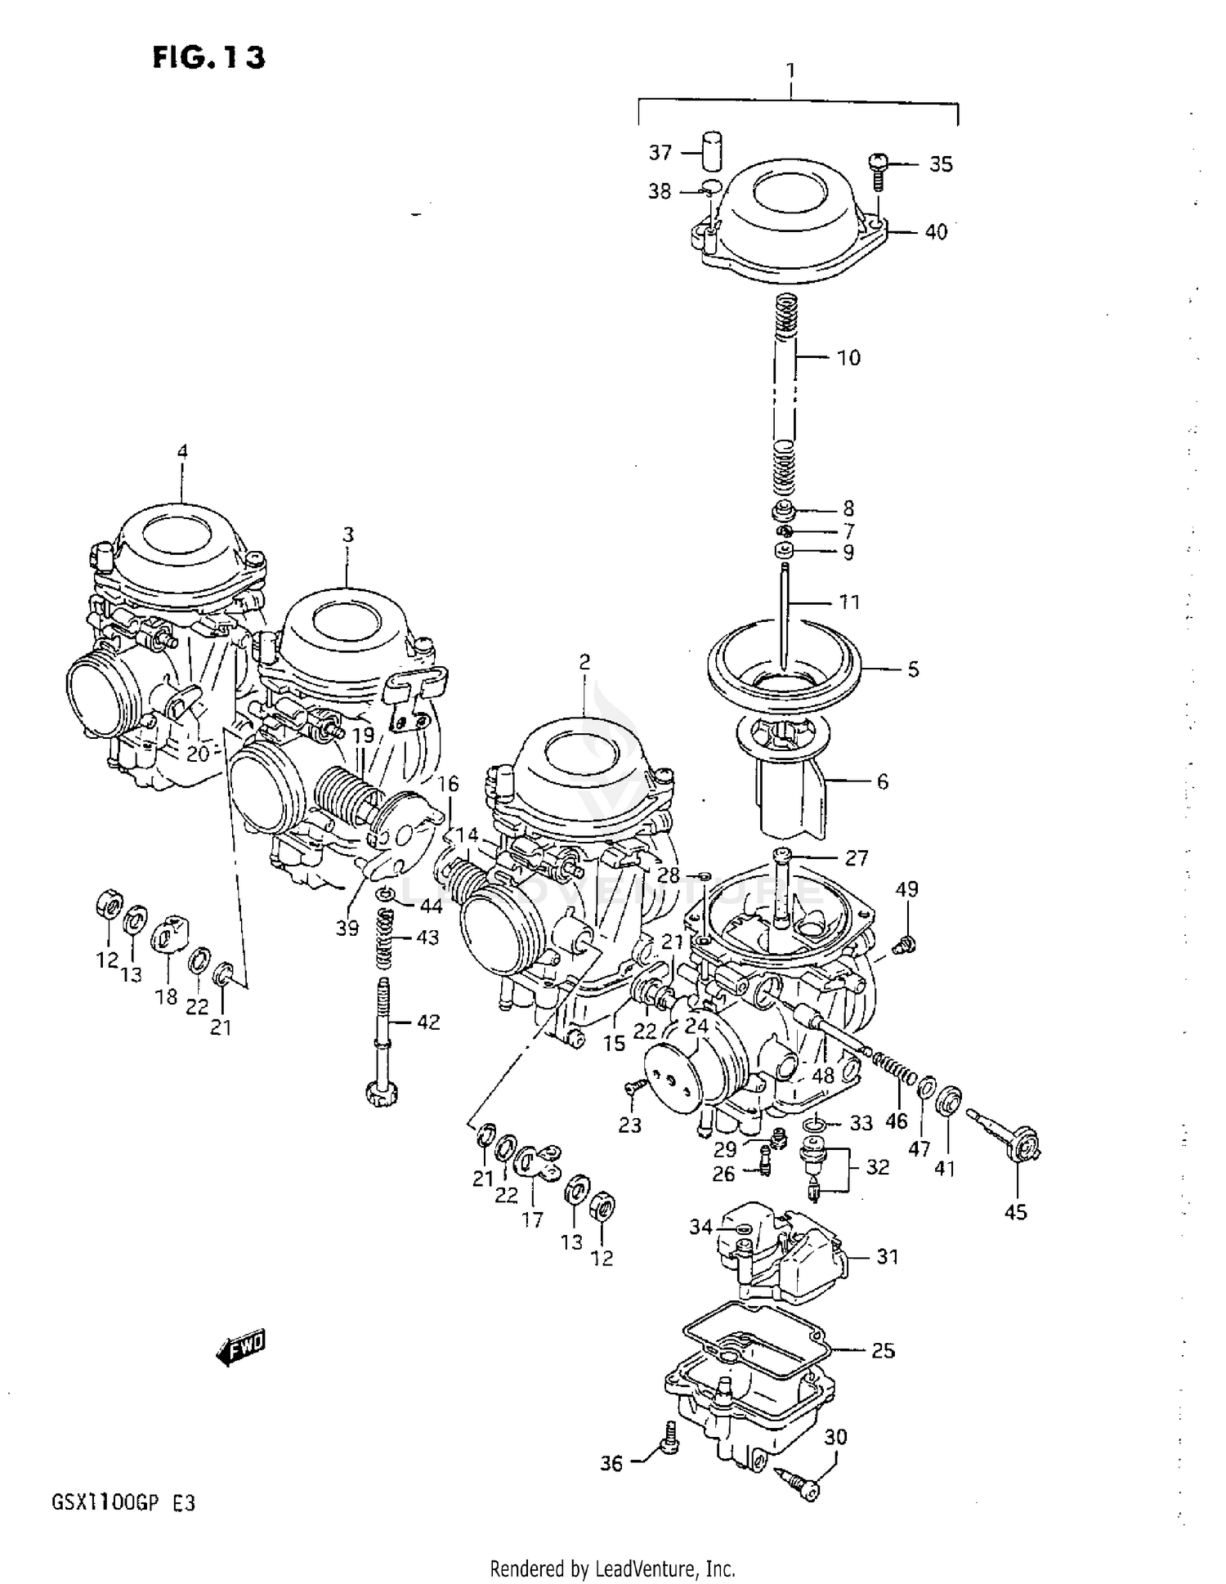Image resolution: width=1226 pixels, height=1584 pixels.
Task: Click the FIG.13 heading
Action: (208, 58)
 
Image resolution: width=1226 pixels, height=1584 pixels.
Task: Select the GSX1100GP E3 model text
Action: (123, 1502)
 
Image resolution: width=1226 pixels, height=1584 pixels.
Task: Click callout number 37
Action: (660, 153)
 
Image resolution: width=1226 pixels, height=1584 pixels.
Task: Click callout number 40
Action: (936, 232)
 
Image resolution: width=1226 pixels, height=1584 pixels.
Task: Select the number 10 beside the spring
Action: (848, 358)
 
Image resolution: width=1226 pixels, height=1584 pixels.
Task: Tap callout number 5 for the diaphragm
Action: (913, 669)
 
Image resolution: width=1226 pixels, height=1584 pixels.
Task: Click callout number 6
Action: (882, 782)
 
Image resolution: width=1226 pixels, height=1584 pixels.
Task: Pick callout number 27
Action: (856, 857)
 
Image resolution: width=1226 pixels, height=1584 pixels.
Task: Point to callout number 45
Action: (1015, 1212)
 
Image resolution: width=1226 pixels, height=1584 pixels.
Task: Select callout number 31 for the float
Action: (888, 1256)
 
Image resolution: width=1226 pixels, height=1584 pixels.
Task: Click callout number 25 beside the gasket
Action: (883, 1350)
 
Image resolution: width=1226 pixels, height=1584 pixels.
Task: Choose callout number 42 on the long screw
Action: (427, 1022)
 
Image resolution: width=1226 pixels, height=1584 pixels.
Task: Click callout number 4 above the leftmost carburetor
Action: (182, 451)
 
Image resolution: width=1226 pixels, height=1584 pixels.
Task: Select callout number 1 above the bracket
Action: (790, 72)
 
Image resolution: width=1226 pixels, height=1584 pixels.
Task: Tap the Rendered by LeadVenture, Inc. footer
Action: (612, 1568)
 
